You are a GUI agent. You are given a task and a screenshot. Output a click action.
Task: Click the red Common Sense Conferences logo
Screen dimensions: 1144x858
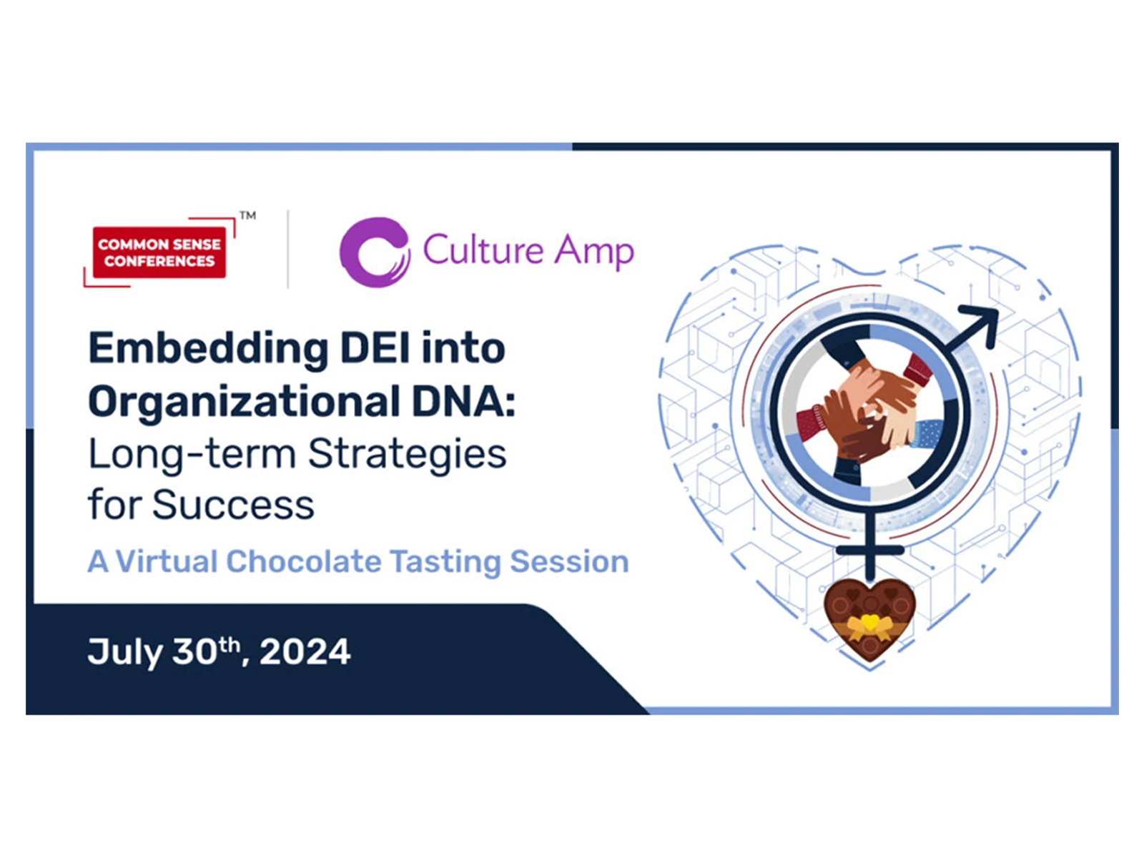pos(159,252)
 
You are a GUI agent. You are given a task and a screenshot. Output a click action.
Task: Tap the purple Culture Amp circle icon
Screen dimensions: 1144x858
pos(375,252)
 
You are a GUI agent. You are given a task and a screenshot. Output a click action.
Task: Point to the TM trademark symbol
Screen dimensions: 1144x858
pos(247,215)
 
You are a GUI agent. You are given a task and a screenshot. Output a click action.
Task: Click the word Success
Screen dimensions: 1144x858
pos(234,505)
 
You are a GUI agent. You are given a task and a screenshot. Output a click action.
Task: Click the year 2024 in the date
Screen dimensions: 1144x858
pos(305,651)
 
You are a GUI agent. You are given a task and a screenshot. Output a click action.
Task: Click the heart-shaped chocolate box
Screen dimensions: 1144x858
pos(869,619)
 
